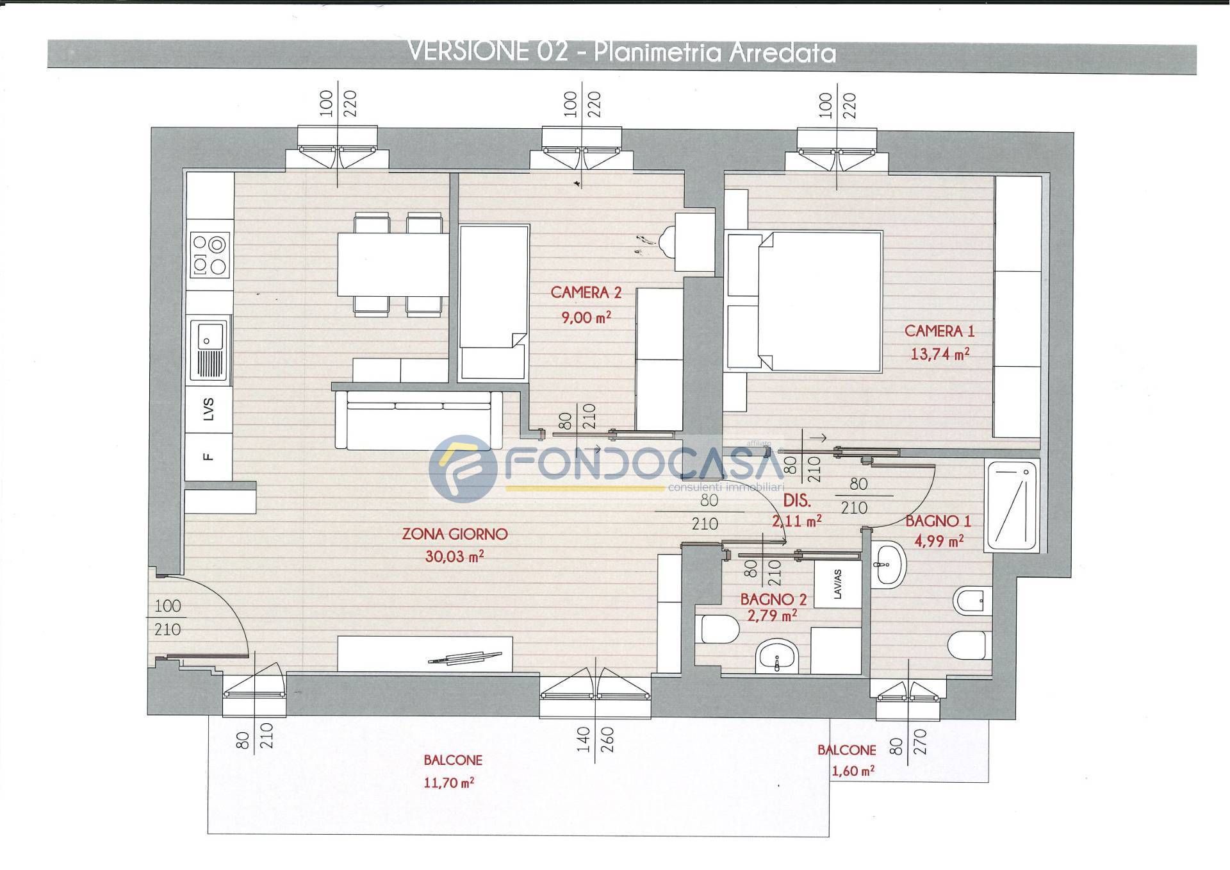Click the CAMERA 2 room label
tap(586, 293)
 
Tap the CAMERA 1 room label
tap(939, 331)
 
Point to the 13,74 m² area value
tap(940, 353)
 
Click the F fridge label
tap(208, 456)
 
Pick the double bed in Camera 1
tap(819, 302)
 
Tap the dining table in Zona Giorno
tap(393, 264)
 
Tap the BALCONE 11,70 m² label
tap(452, 771)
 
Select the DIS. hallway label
tap(798, 501)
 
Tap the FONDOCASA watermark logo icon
tap(463, 469)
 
